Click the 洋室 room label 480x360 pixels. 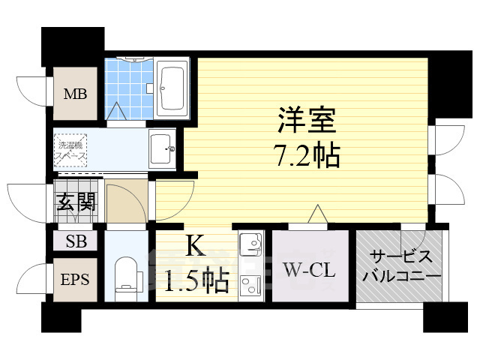(307, 120)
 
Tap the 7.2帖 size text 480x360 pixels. (307, 156)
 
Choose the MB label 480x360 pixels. (74, 94)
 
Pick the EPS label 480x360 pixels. (74, 280)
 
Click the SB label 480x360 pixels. (74, 241)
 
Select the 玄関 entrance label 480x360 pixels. (75, 202)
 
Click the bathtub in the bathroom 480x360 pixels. (173, 88)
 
